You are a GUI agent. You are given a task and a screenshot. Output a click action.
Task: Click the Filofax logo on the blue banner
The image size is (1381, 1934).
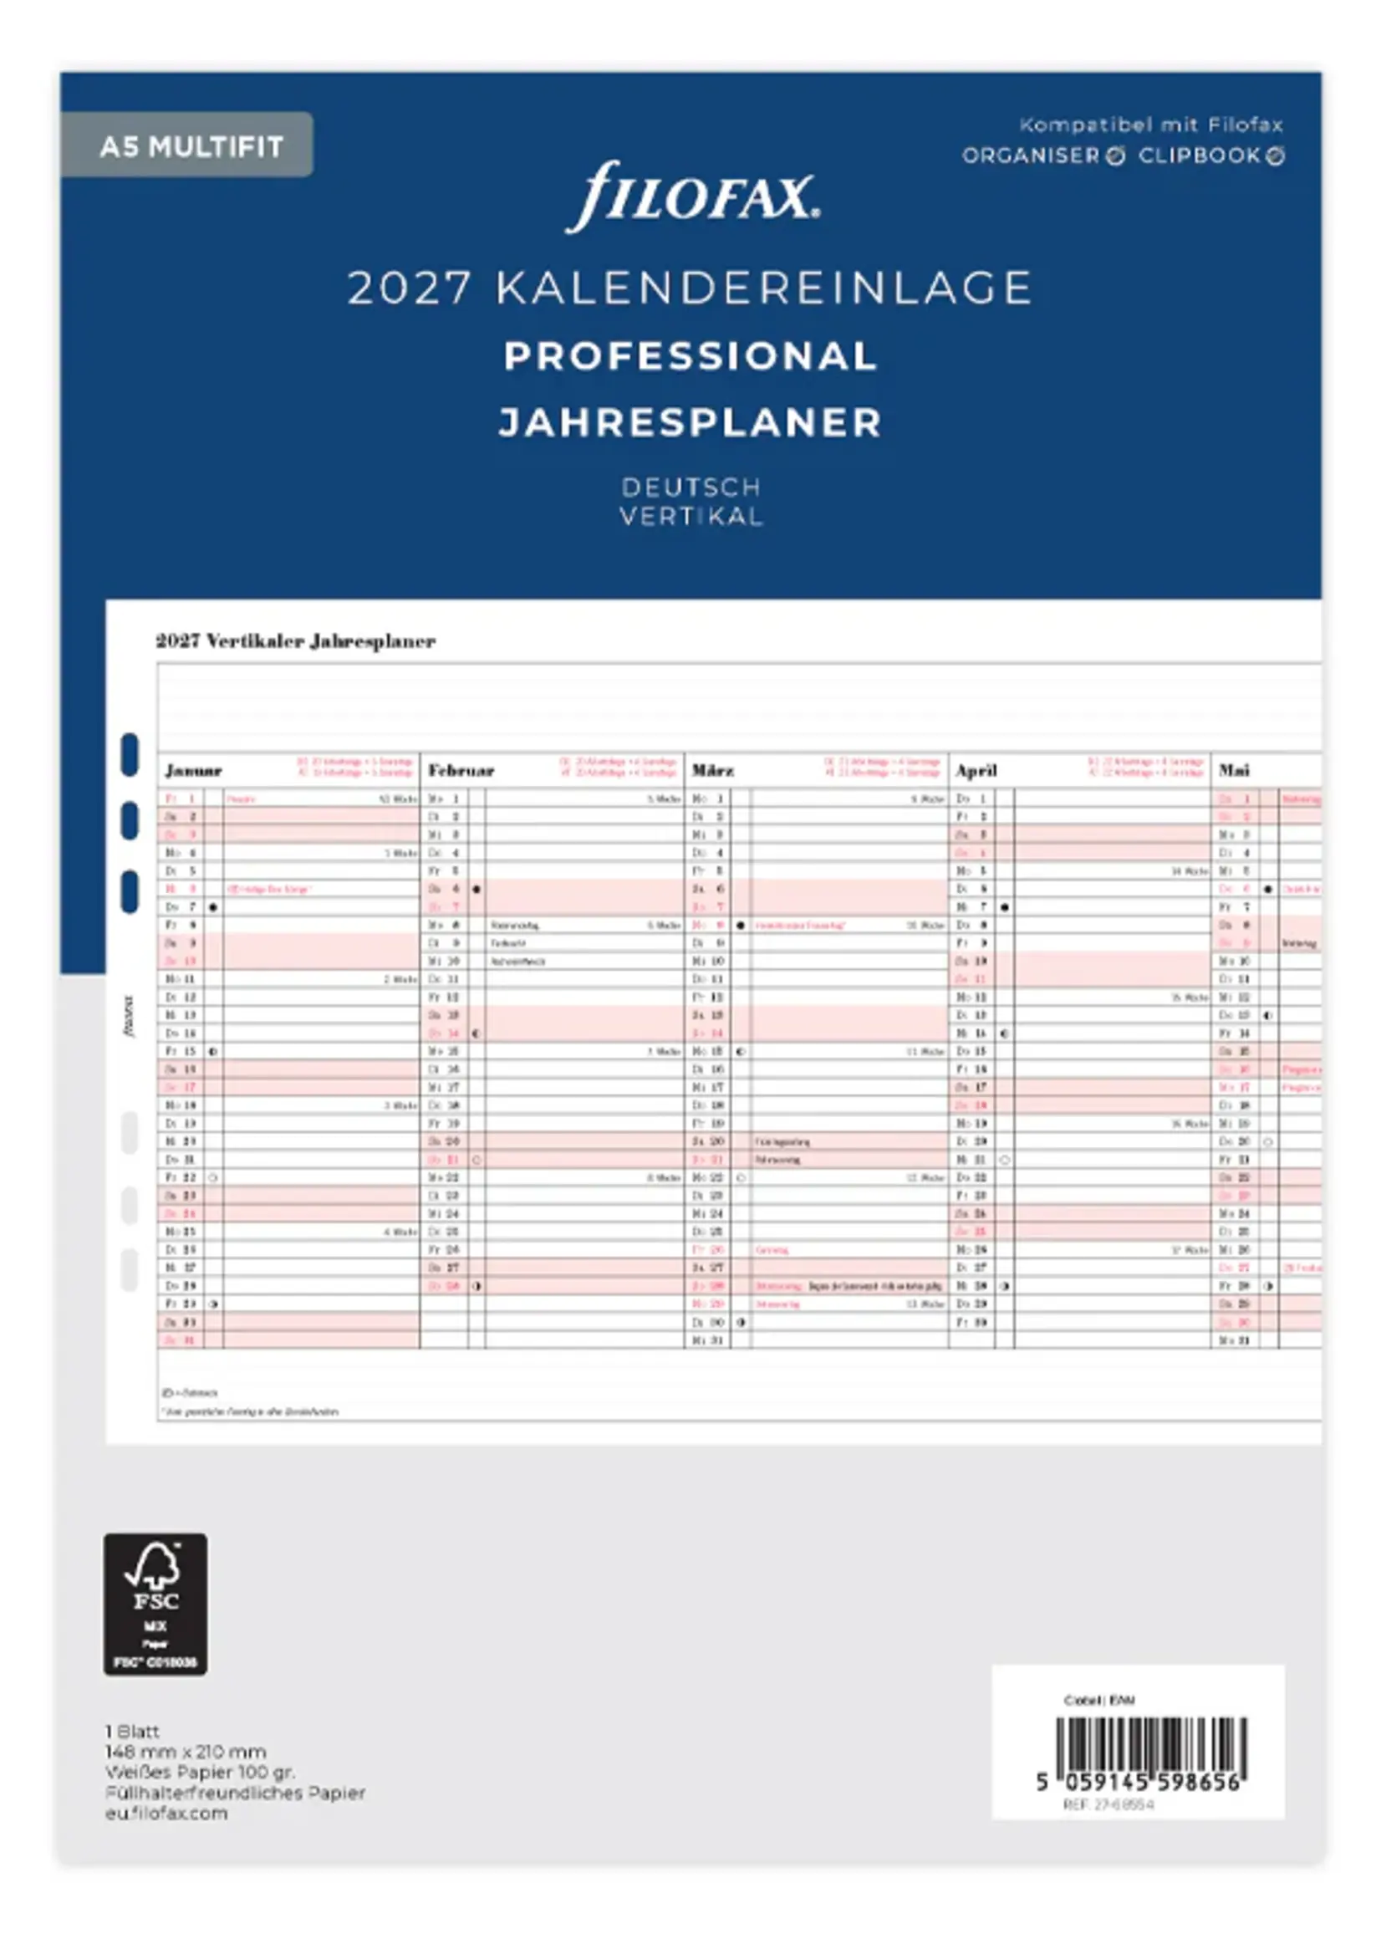pyautogui.click(x=692, y=196)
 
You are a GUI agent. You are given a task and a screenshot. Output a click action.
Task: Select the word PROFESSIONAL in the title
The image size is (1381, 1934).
pyautogui.click(x=690, y=355)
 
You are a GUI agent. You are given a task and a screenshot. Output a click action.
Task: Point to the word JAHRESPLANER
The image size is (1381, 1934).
pyautogui.click(x=690, y=422)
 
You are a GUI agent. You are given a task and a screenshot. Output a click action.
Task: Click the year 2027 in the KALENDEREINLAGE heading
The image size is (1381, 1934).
pyautogui.click(x=409, y=288)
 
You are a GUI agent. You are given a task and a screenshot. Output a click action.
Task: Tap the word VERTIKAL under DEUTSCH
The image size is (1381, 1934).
pyautogui.click(x=690, y=516)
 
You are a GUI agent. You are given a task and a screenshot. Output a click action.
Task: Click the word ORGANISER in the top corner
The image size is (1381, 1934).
pyautogui.click(x=1031, y=156)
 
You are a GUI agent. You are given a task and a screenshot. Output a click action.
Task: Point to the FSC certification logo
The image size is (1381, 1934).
pyautogui.click(x=155, y=1604)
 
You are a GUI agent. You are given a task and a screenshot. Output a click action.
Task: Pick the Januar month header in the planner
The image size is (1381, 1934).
pyautogui.click(x=193, y=771)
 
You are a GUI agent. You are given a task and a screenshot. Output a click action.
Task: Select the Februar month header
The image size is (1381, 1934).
pyautogui.click(x=461, y=771)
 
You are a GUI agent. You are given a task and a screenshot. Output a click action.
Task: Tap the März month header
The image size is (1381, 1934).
pyautogui.click(x=712, y=771)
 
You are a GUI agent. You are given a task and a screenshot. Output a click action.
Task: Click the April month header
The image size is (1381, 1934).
pyautogui.click(x=976, y=771)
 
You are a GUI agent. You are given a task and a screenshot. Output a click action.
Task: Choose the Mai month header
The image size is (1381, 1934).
pyautogui.click(x=1234, y=771)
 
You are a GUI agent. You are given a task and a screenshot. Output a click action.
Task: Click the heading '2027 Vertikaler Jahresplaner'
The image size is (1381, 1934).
pyautogui.click(x=295, y=641)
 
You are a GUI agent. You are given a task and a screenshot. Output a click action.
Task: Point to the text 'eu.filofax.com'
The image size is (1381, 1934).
pyautogui.click(x=166, y=1813)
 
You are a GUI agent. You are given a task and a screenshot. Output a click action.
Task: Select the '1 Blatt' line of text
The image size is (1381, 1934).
pyautogui.click(x=132, y=1731)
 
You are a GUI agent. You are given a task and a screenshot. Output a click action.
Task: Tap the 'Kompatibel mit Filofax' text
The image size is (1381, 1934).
pyautogui.click(x=1150, y=125)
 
